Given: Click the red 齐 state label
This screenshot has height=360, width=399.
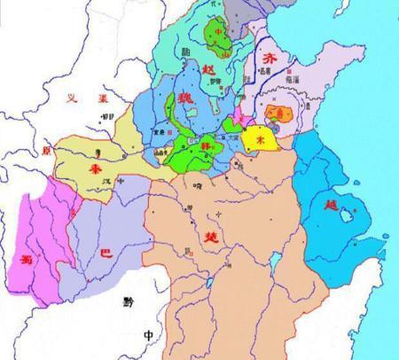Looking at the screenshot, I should (x=270, y=57).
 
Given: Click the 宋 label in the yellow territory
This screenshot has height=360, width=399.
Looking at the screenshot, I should (x=261, y=140).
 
